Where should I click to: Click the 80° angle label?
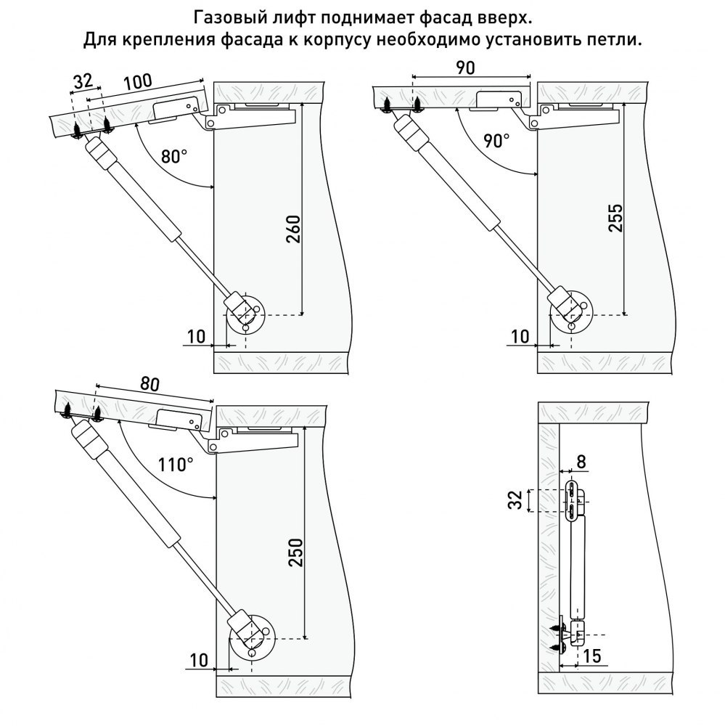coord(174,157)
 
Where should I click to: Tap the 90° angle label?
coord(496,140)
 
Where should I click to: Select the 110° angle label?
coord(175,464)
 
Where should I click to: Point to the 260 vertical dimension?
coord(293,229)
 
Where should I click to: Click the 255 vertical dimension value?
coord(616,217)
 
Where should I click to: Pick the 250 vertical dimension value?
coord(295,552)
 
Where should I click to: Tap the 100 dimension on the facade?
coord(137,82)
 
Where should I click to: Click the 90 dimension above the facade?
coord(465,68)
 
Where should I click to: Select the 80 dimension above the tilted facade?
coord(149,384)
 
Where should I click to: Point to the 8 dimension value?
coord(581,462)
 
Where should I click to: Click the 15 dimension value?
coord(592,656)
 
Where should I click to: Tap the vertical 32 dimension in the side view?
coord(515,500)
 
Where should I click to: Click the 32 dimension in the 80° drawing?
coord(83,81)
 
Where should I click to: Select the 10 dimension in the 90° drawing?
coord(520,337)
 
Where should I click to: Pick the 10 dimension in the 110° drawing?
coord(199,660)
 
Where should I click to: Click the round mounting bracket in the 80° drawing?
coord(246,314)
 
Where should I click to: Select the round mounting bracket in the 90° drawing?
coord(571,312)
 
